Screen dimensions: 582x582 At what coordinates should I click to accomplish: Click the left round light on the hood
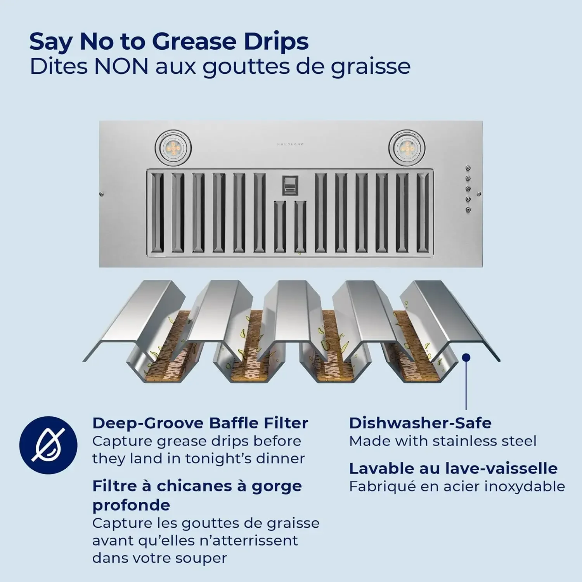173,148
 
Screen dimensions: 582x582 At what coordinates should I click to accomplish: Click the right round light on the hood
407,148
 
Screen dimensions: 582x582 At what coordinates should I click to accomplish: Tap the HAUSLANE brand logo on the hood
290,144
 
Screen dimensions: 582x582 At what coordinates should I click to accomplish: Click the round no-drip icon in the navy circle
48,445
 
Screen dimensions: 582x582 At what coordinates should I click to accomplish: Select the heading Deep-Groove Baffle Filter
200,423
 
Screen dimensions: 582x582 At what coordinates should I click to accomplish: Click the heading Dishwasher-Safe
420,423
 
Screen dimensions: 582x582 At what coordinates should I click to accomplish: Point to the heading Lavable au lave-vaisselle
453,468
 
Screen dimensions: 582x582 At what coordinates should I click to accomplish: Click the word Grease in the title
194,42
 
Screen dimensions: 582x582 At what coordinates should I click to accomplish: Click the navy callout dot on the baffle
466,357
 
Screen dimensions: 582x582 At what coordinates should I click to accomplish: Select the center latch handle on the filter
290,186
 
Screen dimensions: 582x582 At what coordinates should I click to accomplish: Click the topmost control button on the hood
468,168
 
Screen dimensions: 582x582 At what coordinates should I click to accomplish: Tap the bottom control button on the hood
468,210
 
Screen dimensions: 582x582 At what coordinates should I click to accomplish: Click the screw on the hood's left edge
101,194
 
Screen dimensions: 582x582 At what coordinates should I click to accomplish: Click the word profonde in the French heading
131,506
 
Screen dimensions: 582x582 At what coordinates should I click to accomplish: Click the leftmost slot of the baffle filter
158,213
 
